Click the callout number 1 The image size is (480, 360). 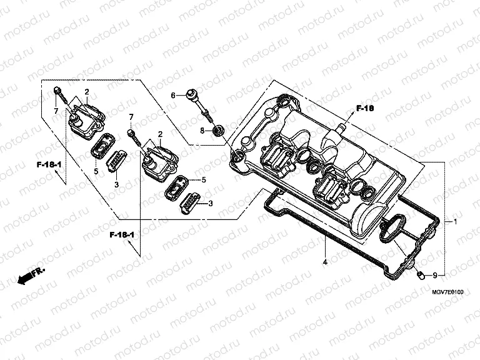456,222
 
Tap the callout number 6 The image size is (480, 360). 174,96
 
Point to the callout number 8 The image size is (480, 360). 202,130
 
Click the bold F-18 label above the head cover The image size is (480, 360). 364,109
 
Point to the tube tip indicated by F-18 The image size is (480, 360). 341,127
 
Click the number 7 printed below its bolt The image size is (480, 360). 56,111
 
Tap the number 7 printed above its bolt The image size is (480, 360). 131,117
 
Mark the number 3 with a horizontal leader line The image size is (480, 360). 211,203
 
